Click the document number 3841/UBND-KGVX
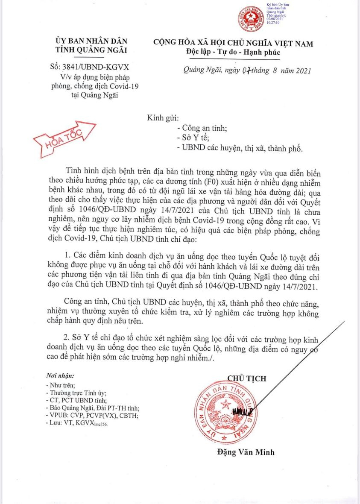click(98, 67)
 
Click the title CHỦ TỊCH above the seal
click(246, 378)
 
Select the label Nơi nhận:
click(59, 376)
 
